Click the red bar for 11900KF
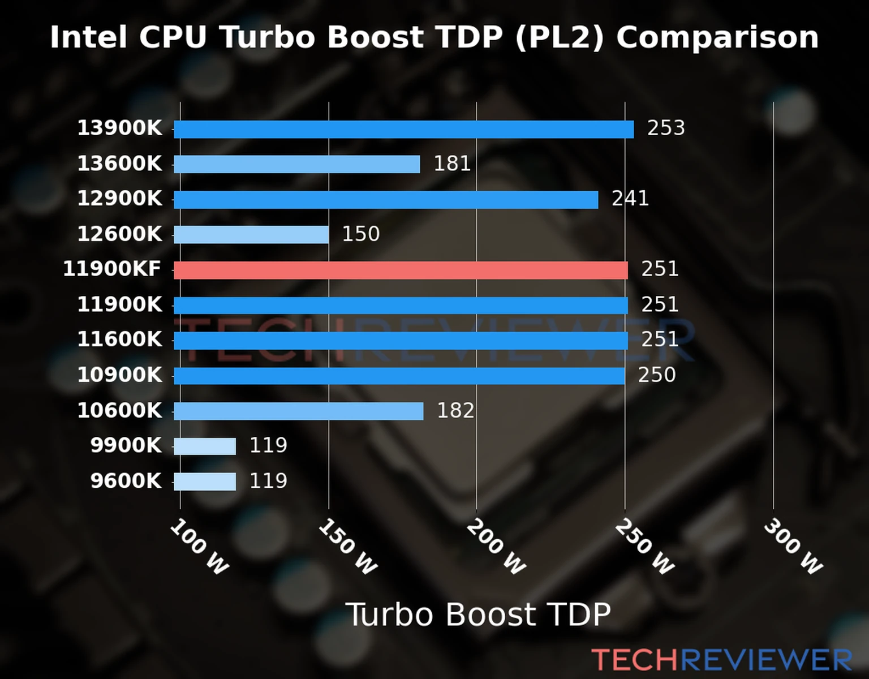[401, 270]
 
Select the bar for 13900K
[403, 129]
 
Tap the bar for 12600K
[251, 235]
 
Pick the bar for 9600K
[205, 482]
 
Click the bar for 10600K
[298, 411]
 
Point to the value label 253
[666, 128]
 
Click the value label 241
[630, 199]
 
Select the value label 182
[455, 411]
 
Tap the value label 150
[361, 234]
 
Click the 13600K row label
[119, 164]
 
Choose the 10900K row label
[119, 375]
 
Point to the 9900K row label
[126, 446]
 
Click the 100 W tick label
[200, 547]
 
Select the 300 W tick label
[793, 547]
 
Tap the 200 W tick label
[496, 547]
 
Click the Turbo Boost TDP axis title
[478, 614]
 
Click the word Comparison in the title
[717, 38]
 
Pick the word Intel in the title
[88, 38]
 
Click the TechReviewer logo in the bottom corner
[721, 660]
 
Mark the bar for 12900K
[386, 200]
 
